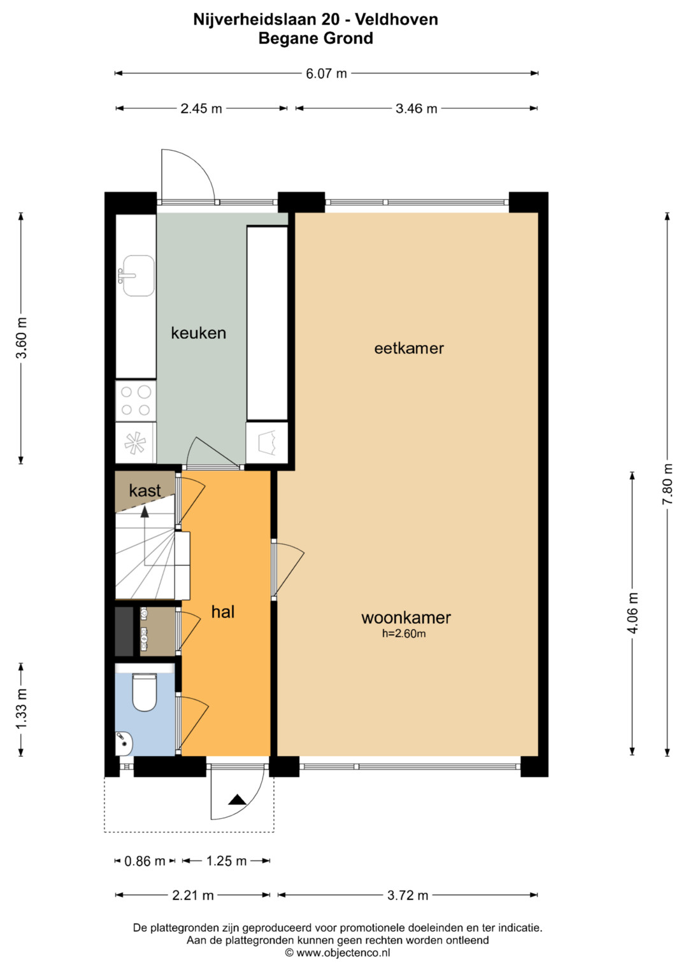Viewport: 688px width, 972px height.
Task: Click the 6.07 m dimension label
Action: tap(326, 73)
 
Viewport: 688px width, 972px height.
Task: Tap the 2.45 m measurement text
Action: tap(201, 108)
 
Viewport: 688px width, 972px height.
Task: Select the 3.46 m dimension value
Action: tap(416, 108)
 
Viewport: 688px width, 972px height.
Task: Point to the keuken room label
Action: tap(199, 333)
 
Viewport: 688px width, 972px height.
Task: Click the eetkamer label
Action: tap(409, 348)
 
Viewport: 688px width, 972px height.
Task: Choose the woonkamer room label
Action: tap(406, 617)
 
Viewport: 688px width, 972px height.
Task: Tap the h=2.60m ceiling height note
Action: tap(404, 633)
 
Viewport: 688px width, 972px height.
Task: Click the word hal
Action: tap(223, 612)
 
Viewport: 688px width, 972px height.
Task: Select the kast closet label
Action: tap(145, 490)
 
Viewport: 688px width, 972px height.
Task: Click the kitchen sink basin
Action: tap(139, 276)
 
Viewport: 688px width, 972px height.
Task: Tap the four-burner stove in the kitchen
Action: tap(136, 401)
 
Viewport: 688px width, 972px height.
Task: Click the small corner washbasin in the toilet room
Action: tap(124, 743)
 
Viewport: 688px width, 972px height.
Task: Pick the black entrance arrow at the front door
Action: tap(237, 799)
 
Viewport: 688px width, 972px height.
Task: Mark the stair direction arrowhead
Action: tap(145, 512)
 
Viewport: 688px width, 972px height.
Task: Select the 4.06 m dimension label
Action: tap(633, 613)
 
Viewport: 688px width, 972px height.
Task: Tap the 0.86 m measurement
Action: tap(145, 861)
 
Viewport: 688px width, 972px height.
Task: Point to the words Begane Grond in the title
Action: tap(316, 38)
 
